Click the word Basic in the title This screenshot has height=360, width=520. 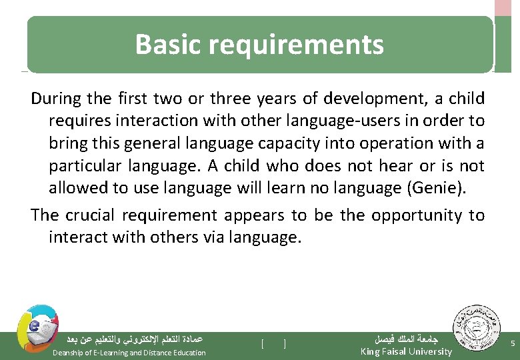click(x=168, y=45)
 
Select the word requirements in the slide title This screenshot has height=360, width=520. click(x=296, y=45)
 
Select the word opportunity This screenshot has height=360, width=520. click(x=417, y=215)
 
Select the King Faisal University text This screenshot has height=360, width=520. click(x=405, y=351)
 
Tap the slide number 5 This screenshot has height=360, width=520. click(x=511, y=343)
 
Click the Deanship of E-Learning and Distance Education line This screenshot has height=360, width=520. click(x=129, y=353)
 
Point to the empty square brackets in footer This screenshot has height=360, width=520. click(x=273, y=344)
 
